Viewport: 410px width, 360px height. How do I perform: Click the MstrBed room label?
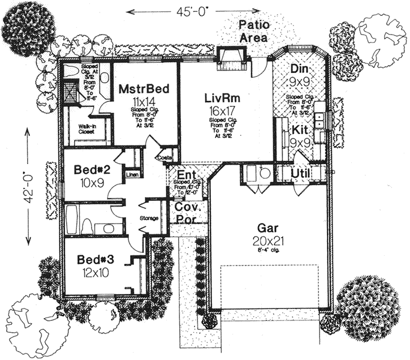(x=141, y=89)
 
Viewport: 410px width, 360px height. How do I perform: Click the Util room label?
(x=300, y=172)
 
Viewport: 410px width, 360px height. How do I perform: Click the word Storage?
(x=149, y=218)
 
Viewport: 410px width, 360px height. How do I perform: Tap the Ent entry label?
(x=186, y=174)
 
